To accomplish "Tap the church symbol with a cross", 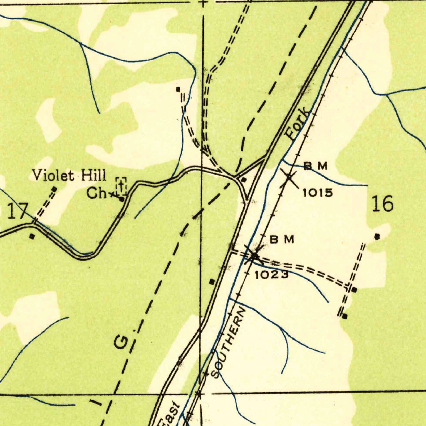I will click(x=121, y=186).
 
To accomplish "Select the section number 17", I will click(x=17, y=212).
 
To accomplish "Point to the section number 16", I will click(x=382, y=204).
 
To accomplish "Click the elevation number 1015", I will click(x=317, y=193).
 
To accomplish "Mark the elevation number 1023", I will click(x=271, y=275).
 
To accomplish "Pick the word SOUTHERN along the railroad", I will click(x=228, y=343).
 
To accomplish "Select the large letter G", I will click(x=122, y=342).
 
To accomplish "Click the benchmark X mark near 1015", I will click(x=288, y=178).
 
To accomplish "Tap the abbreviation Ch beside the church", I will click(x=97, y=193).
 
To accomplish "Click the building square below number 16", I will click(x=377, y=237).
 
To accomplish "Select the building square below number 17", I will click(x=32, y=236).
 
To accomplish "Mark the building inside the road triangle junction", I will click(x=244, y=180).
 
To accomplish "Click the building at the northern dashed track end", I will click(x=178, y=89).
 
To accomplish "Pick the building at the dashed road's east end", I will click(x=354, y=290).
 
